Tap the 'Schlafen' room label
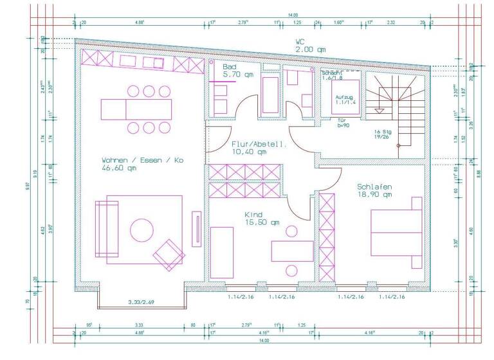coord(374,186)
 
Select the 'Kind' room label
coord(253,215)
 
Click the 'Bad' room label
coord(230,67)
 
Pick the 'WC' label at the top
coord(300,41)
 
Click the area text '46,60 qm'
coord(119,168)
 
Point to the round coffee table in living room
coord(141,229)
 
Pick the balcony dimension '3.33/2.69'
coord(142,302)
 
